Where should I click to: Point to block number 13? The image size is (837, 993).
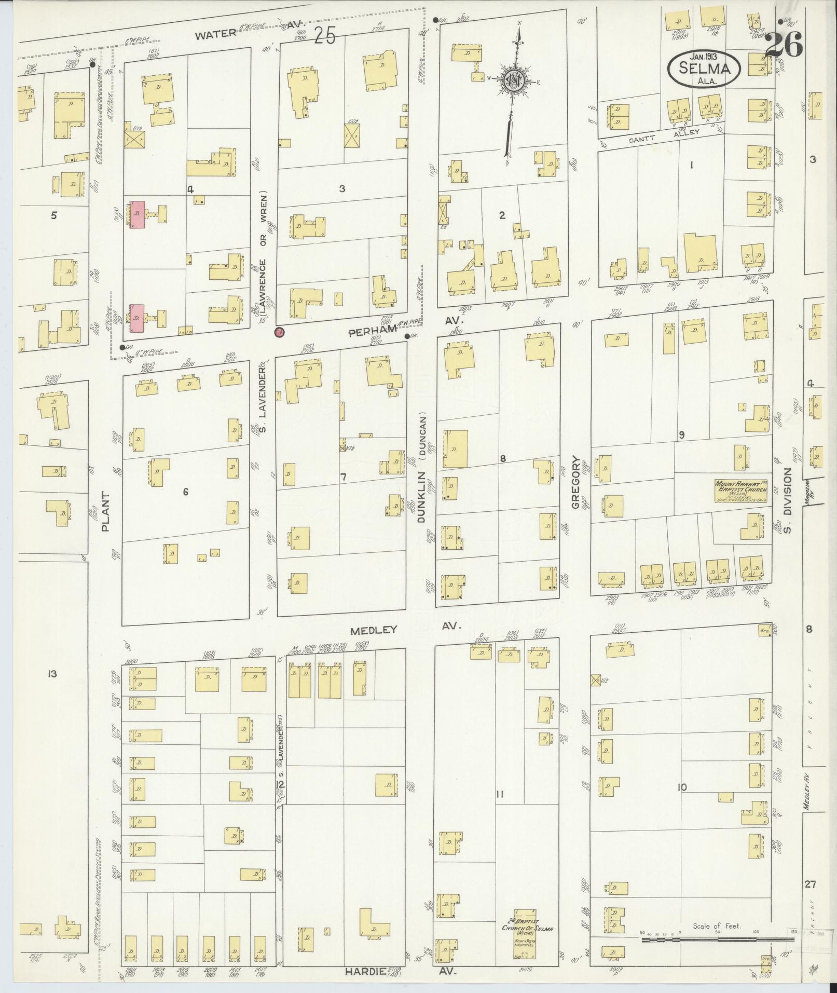click(51, 674)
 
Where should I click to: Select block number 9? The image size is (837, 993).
click(681, 434)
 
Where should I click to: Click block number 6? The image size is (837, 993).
click(185, 492)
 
